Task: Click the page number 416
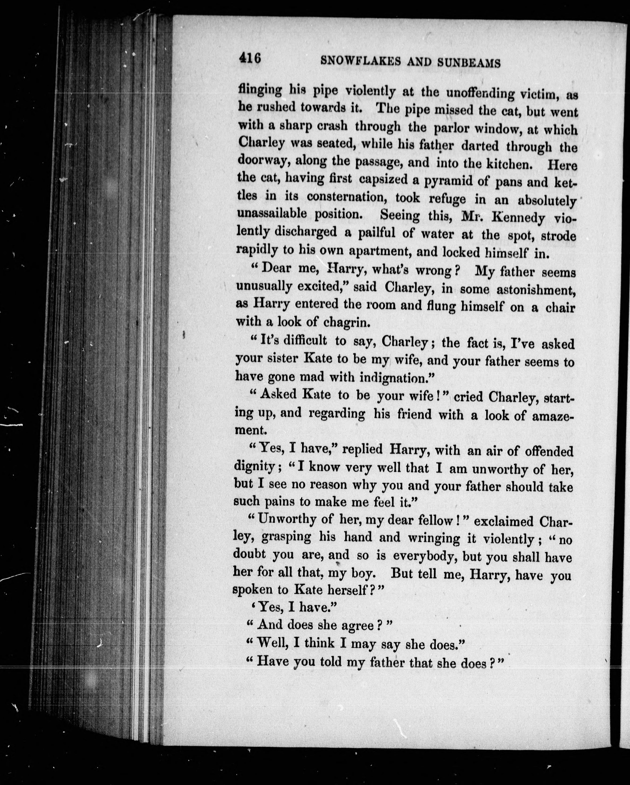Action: (250, 58)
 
